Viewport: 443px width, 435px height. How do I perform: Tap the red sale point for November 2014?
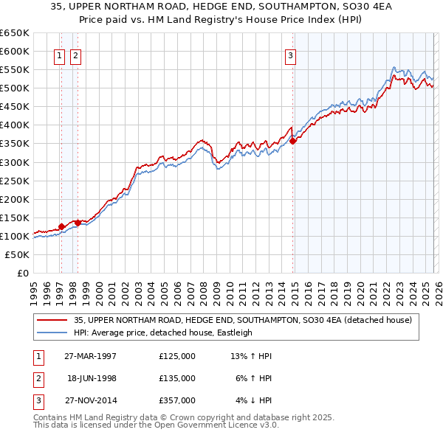pyautogui.click(x=293, y=141)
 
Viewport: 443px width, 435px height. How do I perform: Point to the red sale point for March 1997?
pyautogui.click(x=61, y=226)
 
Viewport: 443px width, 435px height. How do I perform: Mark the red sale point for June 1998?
pyautogui.click(x=78, y=223)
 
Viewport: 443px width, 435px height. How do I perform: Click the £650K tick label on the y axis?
pyautogui.click(x=15, y=33)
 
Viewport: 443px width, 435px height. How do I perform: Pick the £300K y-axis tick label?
pyautogui.click(x=15, y=162)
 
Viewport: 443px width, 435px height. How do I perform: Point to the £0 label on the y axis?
pyautogui.click(x=22, y=273)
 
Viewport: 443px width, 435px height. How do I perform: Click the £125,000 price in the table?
pyautogui.click(x=177, y=356)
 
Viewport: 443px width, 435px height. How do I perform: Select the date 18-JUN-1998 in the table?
pyautogui.click(x=92, y=378)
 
